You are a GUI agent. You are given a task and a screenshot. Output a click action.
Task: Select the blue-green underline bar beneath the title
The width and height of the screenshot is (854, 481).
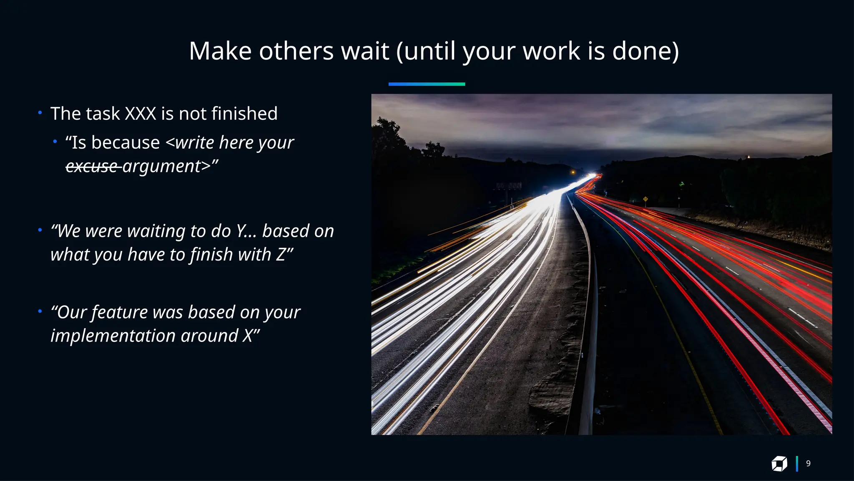pyautogui.click(x=427, y=84)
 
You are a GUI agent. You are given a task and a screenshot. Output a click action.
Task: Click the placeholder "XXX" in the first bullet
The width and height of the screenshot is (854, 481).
pyautogui.click(x=141, y=114)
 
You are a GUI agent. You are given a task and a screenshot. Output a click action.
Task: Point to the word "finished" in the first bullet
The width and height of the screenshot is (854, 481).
pyautogui.click(x=244, y=114)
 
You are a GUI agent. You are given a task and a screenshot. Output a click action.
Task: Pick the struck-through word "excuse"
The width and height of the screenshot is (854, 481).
pyautogui.click(x=92, y=166)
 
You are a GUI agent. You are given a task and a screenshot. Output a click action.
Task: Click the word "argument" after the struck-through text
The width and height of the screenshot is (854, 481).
pyautogui.click(x=161, y=166)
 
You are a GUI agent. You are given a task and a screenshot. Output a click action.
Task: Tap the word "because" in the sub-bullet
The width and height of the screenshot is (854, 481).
pyautogui.click(x=126, y=143)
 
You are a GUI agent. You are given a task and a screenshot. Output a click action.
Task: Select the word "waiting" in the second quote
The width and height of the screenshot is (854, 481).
pyautogui.click(x=156, y=231)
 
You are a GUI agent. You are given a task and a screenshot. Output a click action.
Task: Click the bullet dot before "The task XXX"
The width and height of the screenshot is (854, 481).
pyautogui.click(x=40, y=113)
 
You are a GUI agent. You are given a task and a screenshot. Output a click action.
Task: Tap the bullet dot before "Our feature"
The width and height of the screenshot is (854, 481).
pyautogui.click(x=40, y=311)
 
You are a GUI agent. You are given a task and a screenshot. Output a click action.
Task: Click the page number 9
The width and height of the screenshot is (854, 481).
pyautogui.click(x=808, y=463)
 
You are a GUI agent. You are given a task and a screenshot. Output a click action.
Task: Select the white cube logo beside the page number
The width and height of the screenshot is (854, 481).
pyautogui.click(x=779, y=464)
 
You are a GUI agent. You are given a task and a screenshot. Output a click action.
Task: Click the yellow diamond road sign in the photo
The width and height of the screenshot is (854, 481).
pyautogui.click(x=646, y=199)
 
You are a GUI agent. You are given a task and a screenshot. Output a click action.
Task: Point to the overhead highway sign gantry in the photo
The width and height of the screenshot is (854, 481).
pyautogui.click(x=508, y=186)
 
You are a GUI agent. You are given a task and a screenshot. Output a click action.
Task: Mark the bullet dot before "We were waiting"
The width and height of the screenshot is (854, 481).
pyautogui.click(x=40, y=230)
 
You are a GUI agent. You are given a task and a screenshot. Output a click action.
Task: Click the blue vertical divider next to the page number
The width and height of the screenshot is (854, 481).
pyautogui.click(x=797, y=464)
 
